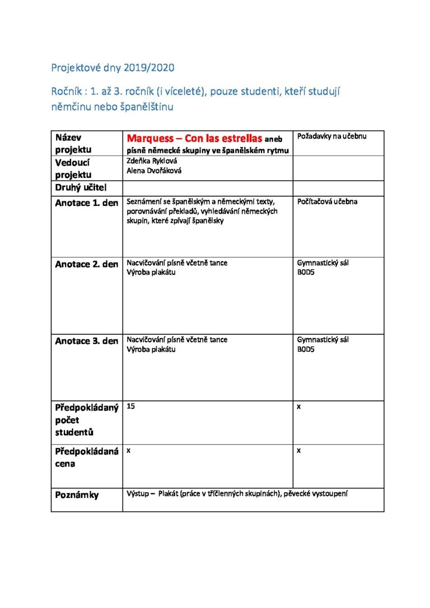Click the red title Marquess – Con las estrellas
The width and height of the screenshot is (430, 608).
(x=194, y=138)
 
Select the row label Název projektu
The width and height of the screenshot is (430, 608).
(x=73, y=144)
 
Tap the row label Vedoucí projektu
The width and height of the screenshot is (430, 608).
(x=73, y=168)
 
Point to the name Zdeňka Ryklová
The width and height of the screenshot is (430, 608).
(x=152, y=161)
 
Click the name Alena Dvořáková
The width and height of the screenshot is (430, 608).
(x=155, y=171)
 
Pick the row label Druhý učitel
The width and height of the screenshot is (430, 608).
(x=81, y=187)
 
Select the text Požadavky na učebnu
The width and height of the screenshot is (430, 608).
(x=332, y=136)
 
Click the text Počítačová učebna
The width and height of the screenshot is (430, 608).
(x=328, y=201)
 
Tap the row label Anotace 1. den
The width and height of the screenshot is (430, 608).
(x=87, y=203)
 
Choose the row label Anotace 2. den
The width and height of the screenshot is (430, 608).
(x=87, y=265)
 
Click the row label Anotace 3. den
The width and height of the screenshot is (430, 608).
(x=87, y=341)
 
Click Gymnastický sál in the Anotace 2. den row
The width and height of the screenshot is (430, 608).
(x=323, y=262)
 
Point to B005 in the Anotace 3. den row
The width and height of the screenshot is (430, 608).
(x=306, y=350)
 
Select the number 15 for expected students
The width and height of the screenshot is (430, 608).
(x=131, y=407)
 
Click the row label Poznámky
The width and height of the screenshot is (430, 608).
(x=77, y=495)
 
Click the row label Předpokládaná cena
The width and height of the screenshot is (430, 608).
(x=87, y=458)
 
